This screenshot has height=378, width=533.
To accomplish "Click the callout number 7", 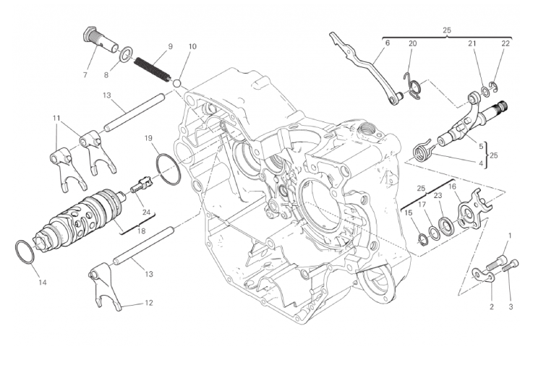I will coord(85,74).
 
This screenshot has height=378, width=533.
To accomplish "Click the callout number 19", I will coord(148,137).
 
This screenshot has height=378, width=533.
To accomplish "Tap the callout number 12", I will coord(148,303).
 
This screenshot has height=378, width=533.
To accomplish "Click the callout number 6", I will coord(387,43).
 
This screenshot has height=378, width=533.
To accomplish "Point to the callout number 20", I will coord(412,43).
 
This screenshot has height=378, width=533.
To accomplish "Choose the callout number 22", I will coord(505,43).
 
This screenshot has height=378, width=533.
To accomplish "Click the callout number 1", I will coord(510,236).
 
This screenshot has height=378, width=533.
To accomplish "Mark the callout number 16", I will coord(453,186).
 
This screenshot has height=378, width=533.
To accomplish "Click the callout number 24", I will coord(147,212).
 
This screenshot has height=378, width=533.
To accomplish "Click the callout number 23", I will coord(438,195).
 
